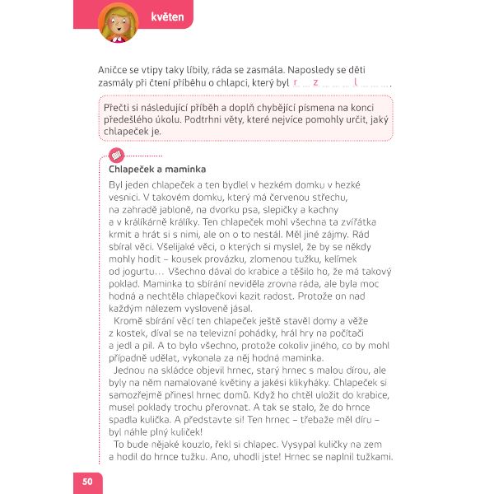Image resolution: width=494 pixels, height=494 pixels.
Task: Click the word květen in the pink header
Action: coord(167,16)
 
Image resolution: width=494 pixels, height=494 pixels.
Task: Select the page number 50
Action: coord(87,479)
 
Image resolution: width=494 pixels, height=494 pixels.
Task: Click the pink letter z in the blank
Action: coord(315,83)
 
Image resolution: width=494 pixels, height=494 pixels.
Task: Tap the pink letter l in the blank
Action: coord(354,83)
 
